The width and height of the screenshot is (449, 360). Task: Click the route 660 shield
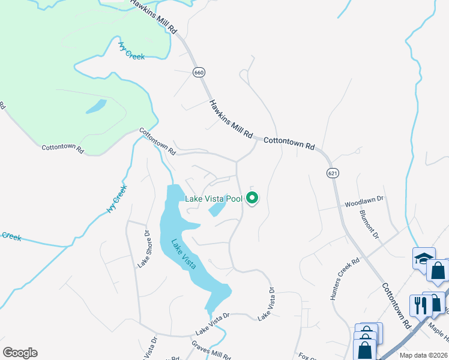pos(199,72)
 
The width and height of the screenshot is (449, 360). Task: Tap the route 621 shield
pos(333,173)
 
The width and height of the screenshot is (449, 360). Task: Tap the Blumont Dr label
pos(369,224)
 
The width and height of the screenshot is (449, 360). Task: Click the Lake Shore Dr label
pos(143,248)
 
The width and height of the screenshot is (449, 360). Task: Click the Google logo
pos(20,353)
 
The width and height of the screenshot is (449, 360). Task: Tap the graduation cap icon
pos(424,258)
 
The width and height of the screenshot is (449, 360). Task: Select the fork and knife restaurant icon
pos(418,305)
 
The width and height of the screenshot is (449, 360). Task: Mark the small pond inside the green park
pos(96,107)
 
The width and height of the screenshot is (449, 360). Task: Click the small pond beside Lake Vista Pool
pos(217,208)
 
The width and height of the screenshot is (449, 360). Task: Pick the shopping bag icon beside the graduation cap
pos(438,271)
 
